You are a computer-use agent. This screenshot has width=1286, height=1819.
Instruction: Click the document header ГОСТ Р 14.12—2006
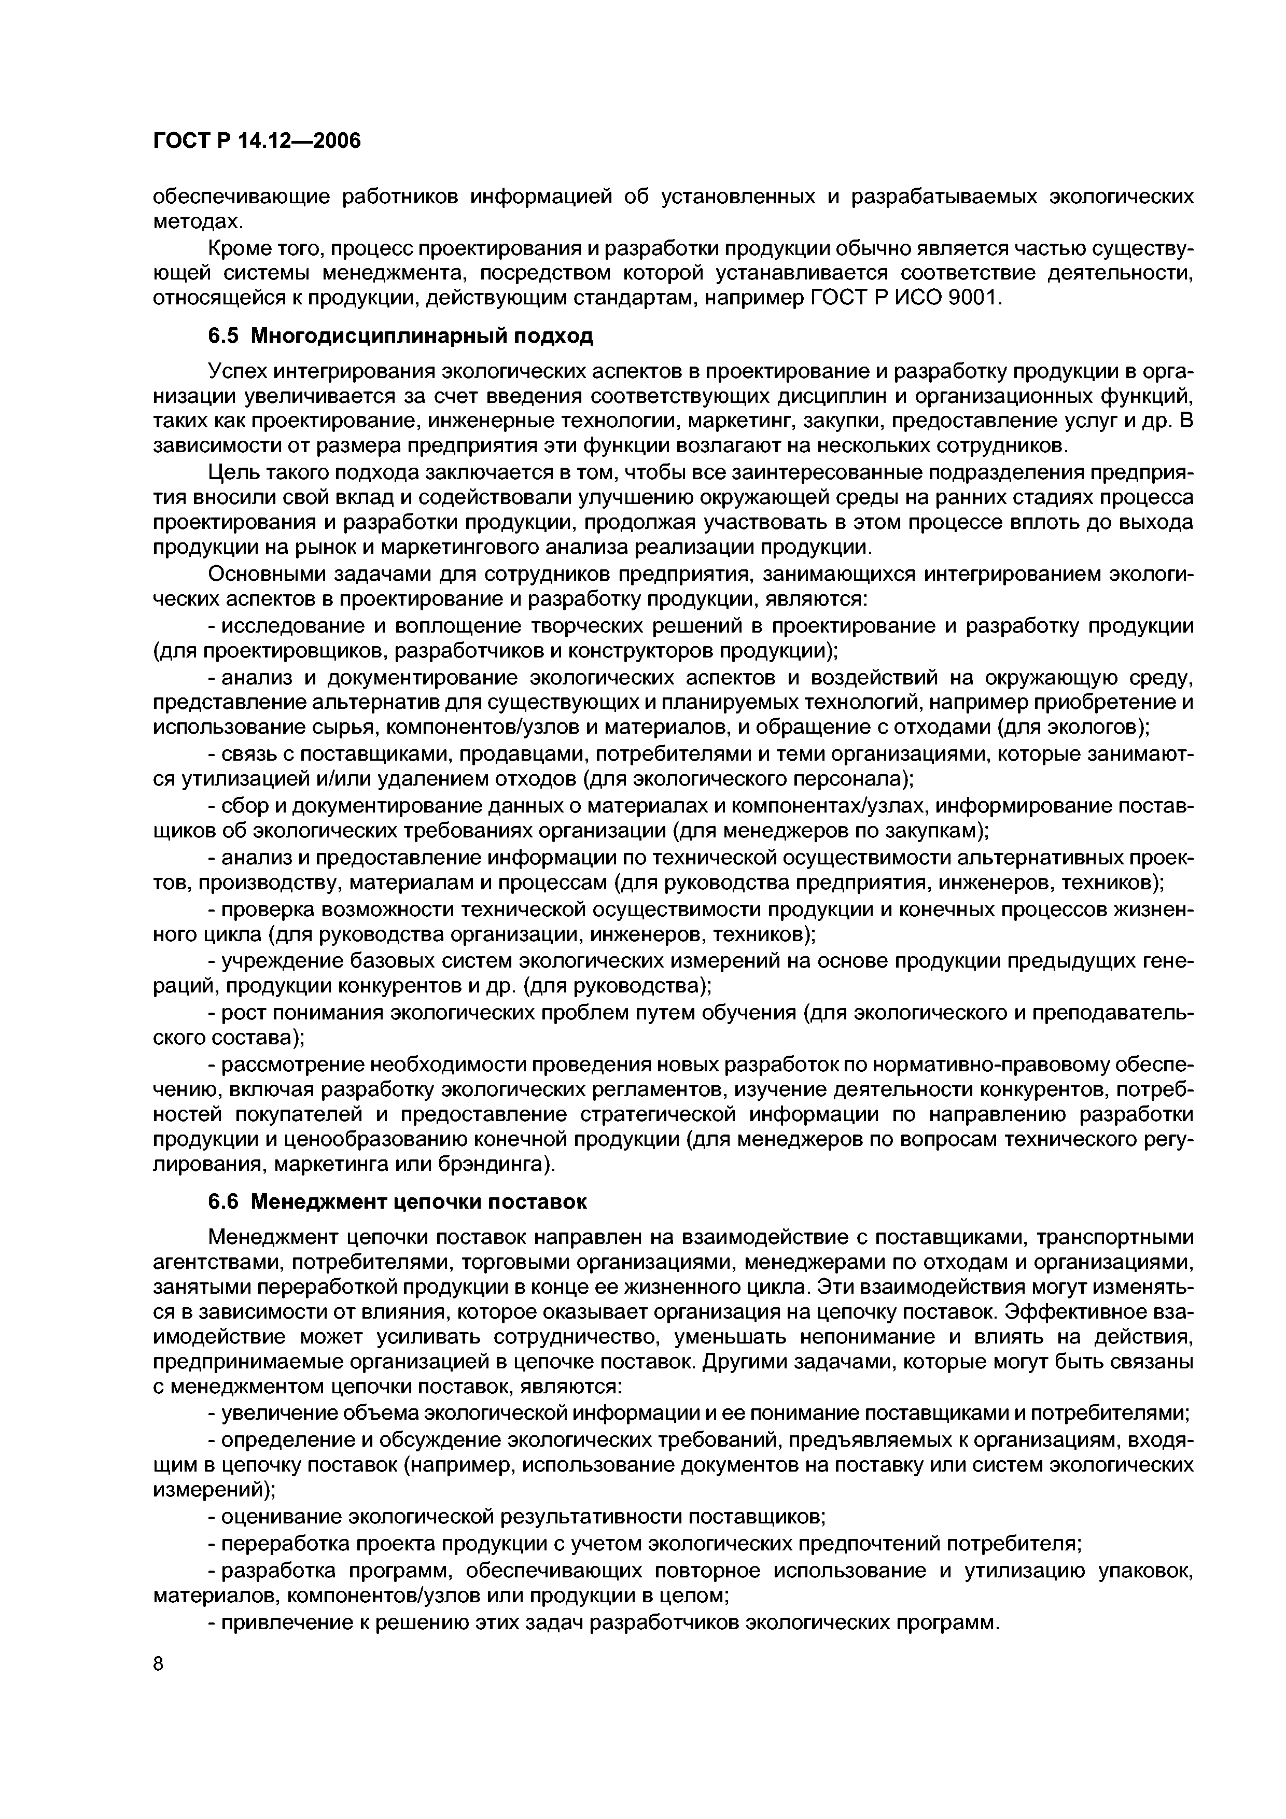coord(256,141)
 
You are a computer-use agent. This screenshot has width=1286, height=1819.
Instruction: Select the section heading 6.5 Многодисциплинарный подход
coord(400,337)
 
